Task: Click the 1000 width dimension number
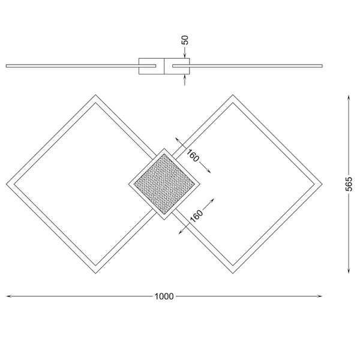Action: click(x=164, y=296)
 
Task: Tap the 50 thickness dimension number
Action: click(x=185, y=41)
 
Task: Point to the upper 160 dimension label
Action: click(x=192, y=155)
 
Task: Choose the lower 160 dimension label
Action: click(x=196, y=215)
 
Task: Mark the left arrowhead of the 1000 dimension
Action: click(x=9, y=296)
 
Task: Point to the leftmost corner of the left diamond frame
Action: click(x=7, y=184)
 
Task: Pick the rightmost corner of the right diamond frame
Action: click(x=321, y=184)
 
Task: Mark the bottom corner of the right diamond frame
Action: click(x=232, y=273)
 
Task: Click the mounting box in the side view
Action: click(x=164, y=67)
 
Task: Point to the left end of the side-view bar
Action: click(x=7, y=65)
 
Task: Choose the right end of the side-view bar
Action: click(x=321, y=65)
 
